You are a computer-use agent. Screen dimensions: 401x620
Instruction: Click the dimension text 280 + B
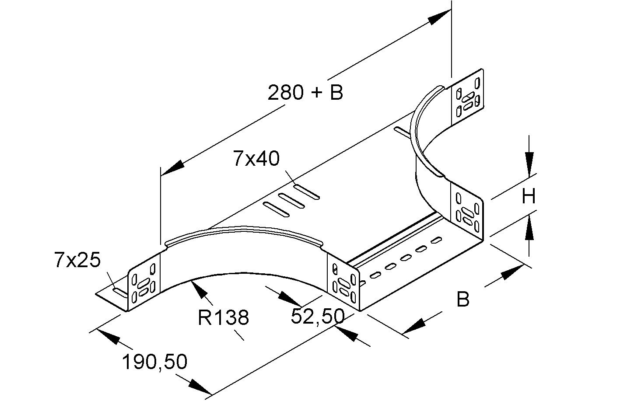(305, 92)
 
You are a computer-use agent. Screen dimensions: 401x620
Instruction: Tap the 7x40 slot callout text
(256, 159)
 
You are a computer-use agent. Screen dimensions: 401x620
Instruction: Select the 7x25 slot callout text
(77, 260)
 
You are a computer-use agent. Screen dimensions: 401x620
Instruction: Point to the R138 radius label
(223, 318)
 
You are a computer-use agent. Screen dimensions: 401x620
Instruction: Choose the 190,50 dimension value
(154, 362)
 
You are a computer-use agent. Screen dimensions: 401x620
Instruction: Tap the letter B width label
(462, 300)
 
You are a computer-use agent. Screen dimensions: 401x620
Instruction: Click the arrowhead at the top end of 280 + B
(439, 18)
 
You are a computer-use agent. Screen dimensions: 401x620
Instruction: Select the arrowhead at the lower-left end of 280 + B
(172, 169)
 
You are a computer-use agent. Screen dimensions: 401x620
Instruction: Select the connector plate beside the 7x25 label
(143, 286)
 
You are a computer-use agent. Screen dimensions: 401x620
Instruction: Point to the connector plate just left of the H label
(467, 212)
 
